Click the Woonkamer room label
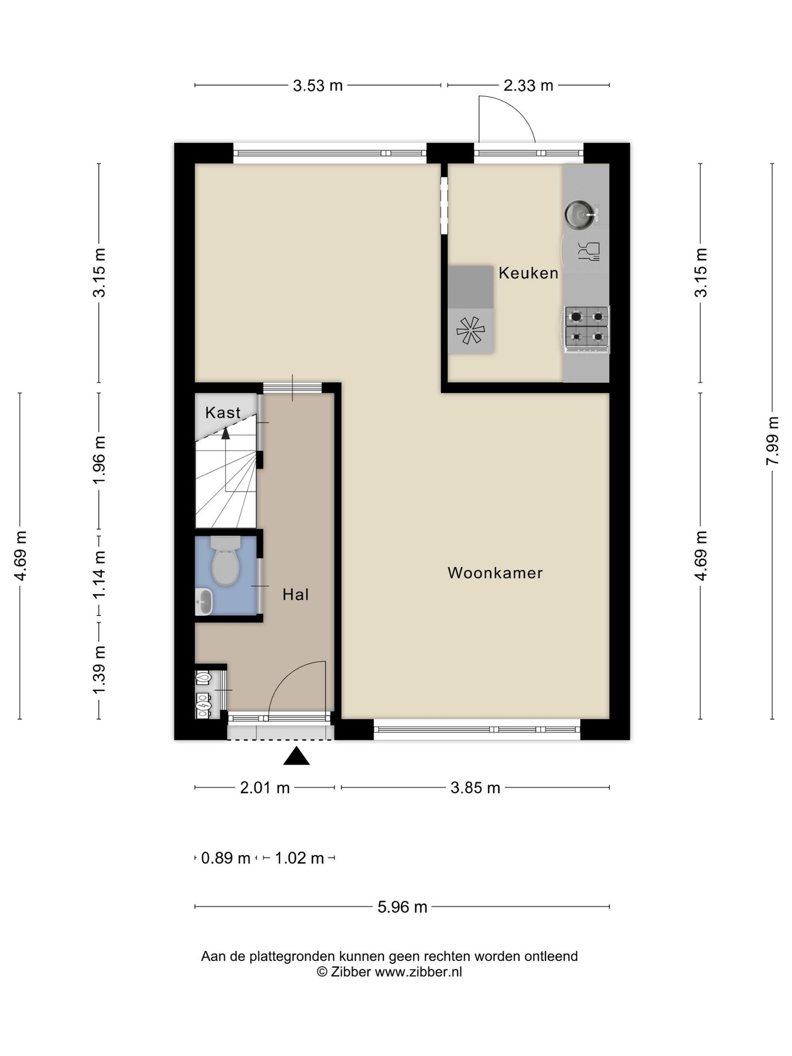495,573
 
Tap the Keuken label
529,273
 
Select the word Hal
296,595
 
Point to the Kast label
223,413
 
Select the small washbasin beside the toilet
205,602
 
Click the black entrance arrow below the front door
296,756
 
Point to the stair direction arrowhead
226,433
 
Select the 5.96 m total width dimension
402,907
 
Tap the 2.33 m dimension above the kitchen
529,85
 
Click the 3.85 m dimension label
475,788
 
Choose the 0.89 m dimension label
226,858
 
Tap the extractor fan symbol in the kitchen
470,330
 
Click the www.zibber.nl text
419,972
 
